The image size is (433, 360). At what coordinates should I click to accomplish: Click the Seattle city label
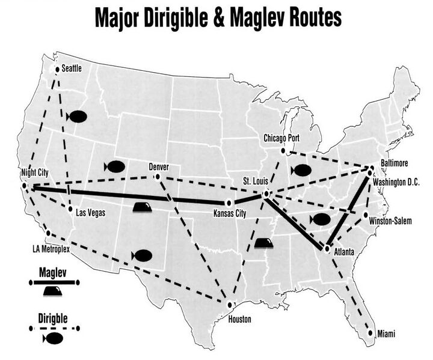pyautogui.click(x=72, y=69)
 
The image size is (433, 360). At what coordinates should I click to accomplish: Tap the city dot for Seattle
pyautogui.click(x=58, y=70)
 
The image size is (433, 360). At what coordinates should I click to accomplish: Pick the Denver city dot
pyautogui.click(x=157, y=177)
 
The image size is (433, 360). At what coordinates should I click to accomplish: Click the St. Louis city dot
pyautogui.click(x=265, y=194)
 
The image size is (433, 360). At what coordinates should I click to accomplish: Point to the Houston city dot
pyautogui.click(x=229, y=305)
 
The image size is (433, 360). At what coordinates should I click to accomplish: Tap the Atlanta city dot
pyautogui.click(x=327, y=248)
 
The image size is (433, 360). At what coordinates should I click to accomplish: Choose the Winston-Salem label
pyautogui.click(x=390, y=221)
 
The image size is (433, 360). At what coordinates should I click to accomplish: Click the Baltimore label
pyautogui.click(x=395, y=163)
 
